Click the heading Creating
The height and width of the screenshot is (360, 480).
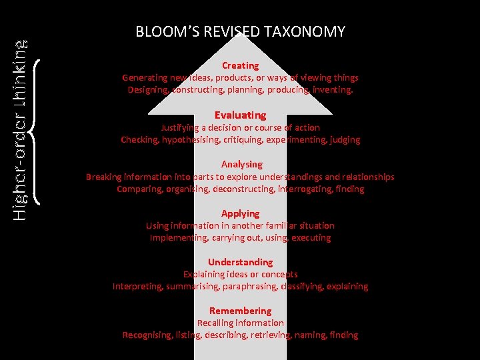click(x=240, y=65)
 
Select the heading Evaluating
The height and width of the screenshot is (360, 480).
click(x=240, y=115)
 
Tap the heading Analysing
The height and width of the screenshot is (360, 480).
click(x=241, y=164)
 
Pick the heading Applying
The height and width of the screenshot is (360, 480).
click(x=240, y=213)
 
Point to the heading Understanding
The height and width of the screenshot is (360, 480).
click(x=240, y=262)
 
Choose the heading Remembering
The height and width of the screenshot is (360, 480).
click(x=240, y=311)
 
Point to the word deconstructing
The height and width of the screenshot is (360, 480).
click(x=246, y=189)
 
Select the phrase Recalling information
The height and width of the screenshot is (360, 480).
click(x=240, y=323)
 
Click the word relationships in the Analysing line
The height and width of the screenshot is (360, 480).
click(x=367, y=177)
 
